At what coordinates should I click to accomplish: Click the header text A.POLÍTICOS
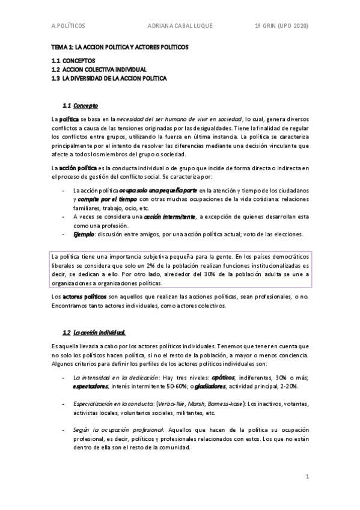click(x=68, y=26)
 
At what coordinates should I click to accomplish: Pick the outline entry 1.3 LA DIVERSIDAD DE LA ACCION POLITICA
click(x=109, y=78)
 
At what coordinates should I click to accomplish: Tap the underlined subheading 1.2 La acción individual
click(x=94, y=333)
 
